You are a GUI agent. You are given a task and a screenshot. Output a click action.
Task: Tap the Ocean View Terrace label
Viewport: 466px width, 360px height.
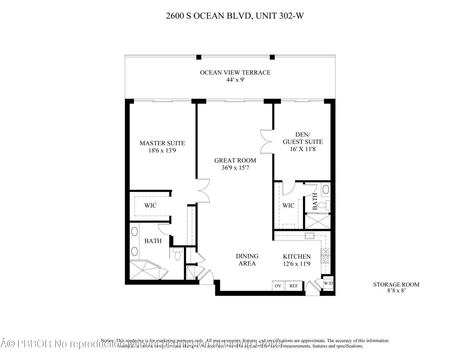[235, 72]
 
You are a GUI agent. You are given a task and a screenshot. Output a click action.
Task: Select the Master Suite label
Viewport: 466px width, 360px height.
[162, 143]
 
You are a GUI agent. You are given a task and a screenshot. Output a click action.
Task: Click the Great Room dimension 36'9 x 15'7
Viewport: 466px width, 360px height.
[235, 168]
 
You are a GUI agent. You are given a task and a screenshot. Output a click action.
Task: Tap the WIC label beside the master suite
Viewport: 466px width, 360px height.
[150, 206]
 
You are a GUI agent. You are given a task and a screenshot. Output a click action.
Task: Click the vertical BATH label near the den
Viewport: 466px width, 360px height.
[315, 199]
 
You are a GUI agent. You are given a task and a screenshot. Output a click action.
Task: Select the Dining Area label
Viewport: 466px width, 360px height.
[247, 260]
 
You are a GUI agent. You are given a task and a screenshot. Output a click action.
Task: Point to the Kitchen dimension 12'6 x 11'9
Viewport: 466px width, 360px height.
[297, 264]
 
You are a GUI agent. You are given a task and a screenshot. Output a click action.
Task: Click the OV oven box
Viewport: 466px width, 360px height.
[278, 286]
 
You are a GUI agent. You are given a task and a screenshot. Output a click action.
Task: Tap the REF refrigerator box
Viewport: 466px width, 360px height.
[294, 286]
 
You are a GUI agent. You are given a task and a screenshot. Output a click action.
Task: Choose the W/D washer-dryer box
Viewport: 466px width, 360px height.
[328, 283]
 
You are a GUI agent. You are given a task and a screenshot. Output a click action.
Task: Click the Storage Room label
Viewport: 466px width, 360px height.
[396, 285]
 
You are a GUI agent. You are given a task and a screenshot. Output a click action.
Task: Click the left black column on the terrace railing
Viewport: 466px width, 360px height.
[199, 57]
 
